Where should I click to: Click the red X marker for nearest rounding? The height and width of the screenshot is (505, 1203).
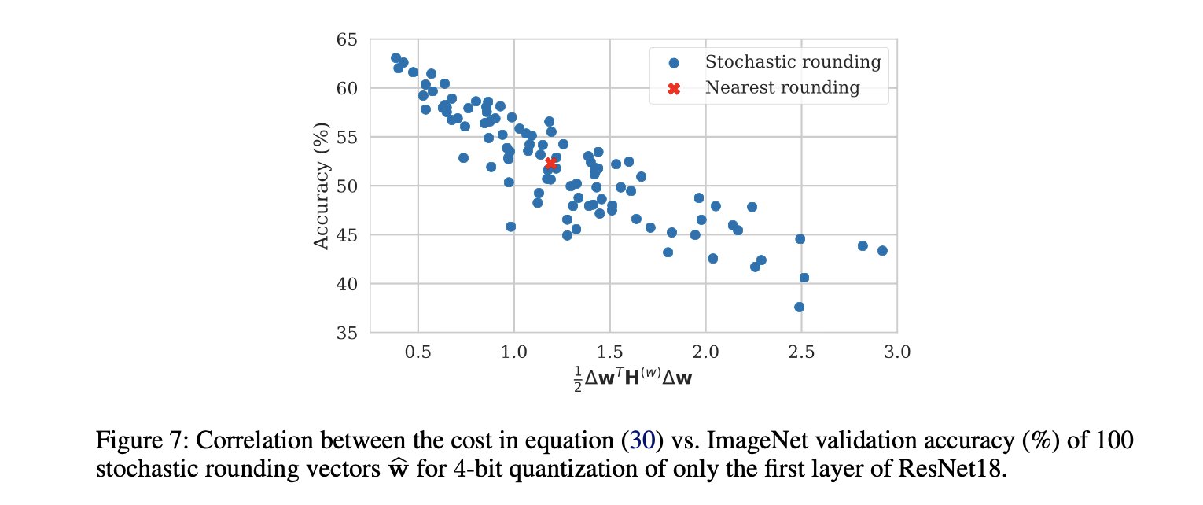point(550,163)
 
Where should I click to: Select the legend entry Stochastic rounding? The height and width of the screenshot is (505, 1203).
point(793,61)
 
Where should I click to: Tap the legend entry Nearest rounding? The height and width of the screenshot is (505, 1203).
point(782,87)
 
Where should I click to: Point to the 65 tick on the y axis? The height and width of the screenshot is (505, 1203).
point(348,39)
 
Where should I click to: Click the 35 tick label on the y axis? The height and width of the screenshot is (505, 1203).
point(348,333)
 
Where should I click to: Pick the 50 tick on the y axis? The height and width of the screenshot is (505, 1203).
point(348,186)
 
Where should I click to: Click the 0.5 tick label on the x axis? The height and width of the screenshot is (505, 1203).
point(418,352)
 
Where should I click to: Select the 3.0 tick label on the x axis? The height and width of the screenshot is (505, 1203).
point(896,352)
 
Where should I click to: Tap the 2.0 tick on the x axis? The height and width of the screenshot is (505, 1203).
point(705,352)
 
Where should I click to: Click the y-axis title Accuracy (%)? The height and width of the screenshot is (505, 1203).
point(321,186)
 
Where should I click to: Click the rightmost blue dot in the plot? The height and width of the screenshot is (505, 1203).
point(882,251)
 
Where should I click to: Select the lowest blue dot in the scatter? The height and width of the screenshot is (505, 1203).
point(799,307)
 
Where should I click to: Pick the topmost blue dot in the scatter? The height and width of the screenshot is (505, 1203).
point(395,57)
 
